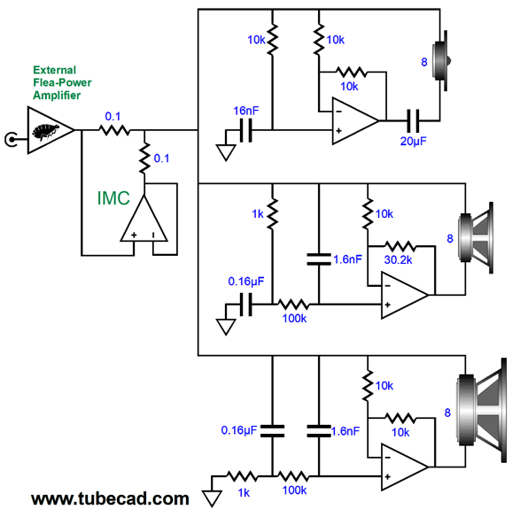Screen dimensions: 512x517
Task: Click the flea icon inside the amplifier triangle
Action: tap(46, 131)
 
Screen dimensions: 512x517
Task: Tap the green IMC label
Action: tap(113, 198)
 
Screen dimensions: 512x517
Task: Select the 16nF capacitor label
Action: tap(246, 111)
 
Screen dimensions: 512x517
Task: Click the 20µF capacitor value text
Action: tap(413, 141)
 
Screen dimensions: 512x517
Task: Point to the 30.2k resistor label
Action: tap(399, 260)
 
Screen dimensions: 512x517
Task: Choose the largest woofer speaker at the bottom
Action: tap(481, 410)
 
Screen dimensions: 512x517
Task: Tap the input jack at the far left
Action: tap(11, 140)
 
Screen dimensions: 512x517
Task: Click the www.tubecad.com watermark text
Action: tap(110, 499)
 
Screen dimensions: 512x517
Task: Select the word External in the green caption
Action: tap(54, 70)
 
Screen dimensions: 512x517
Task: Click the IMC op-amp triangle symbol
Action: tap(144, 219)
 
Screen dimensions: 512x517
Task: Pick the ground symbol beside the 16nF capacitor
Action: tap(226, 152)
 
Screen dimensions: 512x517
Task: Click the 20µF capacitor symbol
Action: tap(413, 121)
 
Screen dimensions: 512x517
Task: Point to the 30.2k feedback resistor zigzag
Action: tap(400, 246)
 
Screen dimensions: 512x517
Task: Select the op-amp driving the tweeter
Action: tap(355, 121)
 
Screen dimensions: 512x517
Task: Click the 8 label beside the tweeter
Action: tap(424, 62)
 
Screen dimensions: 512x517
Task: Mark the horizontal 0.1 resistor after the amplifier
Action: tap(114, 130)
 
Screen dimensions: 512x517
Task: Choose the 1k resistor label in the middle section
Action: tap(258, 214)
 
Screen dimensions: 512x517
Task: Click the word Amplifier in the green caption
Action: tap(57, 96)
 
